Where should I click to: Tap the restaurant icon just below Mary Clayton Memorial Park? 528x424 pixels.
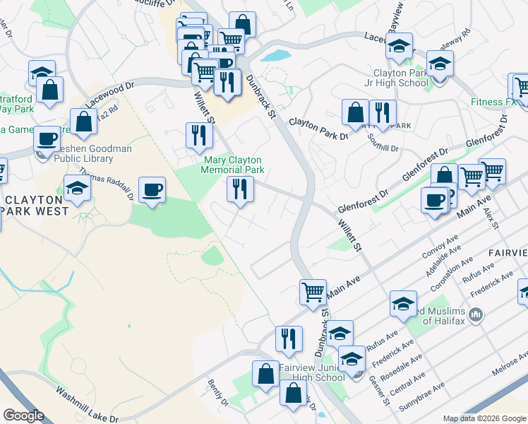[x=240, y=189]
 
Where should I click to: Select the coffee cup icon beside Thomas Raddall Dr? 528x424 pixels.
[x=152, y=189]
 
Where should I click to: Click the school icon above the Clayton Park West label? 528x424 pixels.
[x=77, y=187]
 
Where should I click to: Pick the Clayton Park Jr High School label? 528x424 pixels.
[x=400, y=78]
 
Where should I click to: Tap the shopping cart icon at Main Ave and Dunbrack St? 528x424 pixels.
[x=313, y=291]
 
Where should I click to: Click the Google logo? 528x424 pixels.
[x=24, y=415]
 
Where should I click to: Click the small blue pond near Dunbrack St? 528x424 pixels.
[x=276, y=54]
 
